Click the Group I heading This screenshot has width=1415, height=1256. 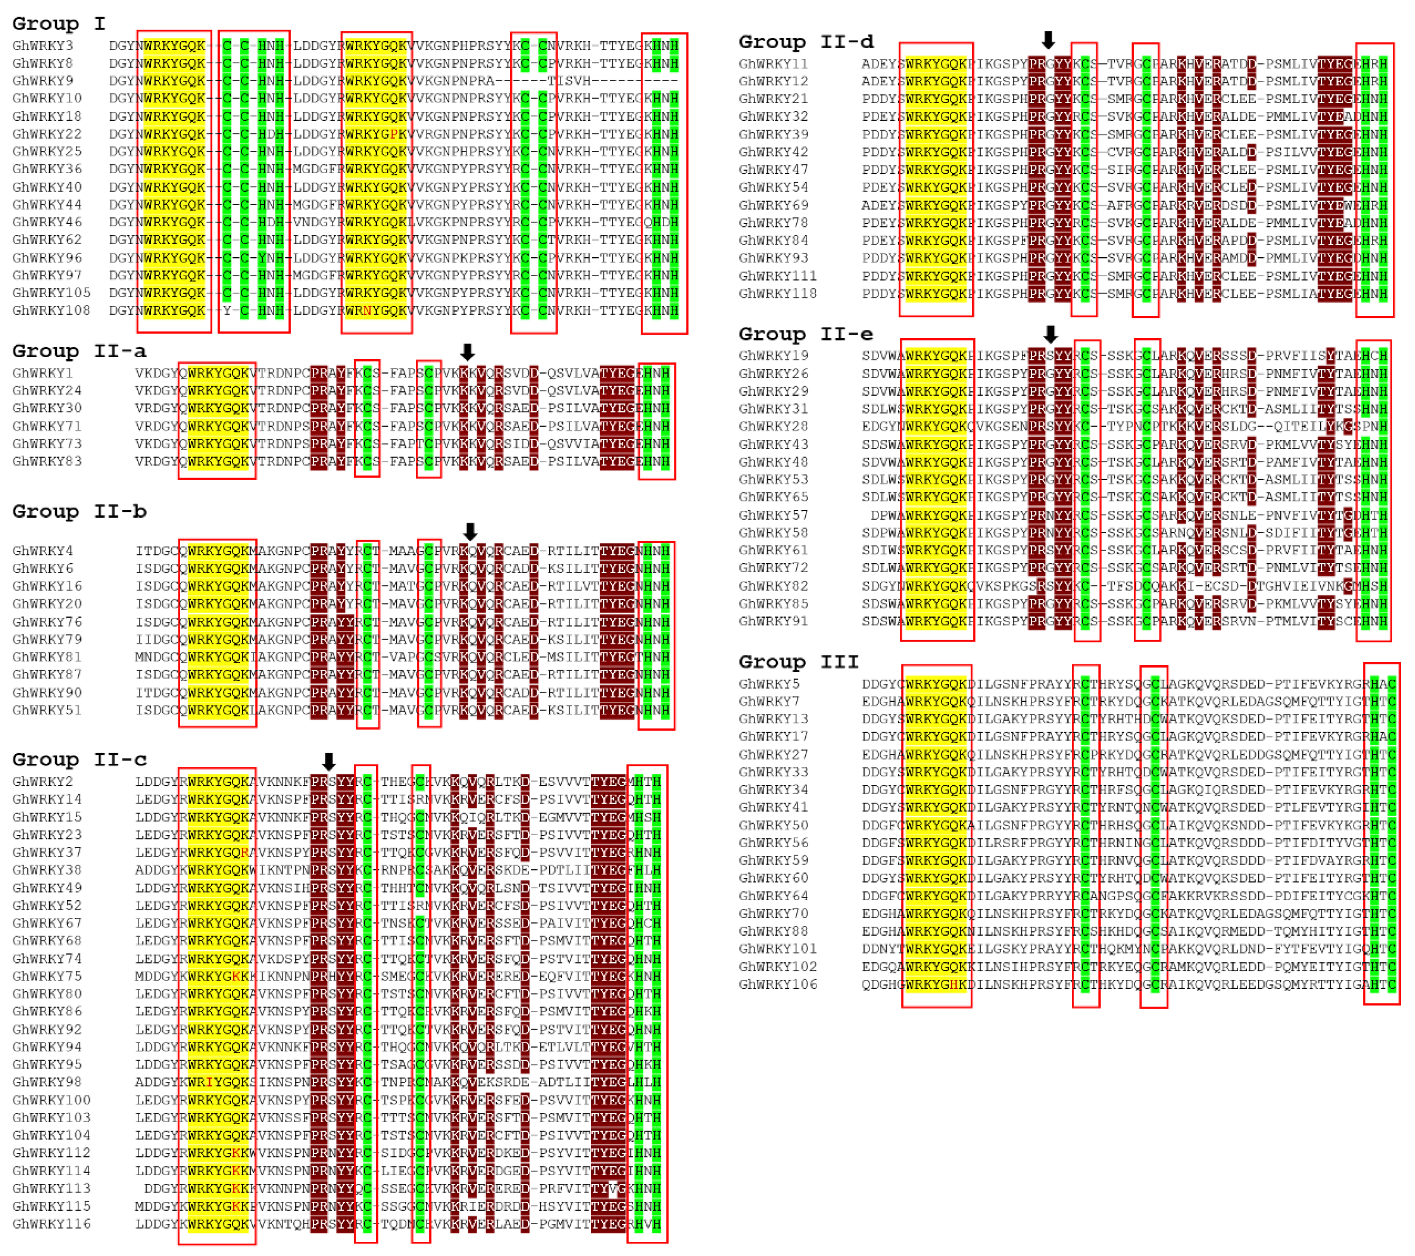(x=59, y=23)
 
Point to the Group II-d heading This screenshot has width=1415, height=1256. (x=806, y=42)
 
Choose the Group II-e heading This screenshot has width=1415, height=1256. (x=806, y=334)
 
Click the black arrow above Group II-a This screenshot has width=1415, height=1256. (x=467, y=352)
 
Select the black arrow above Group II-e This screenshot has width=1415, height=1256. (x=1050, y=334)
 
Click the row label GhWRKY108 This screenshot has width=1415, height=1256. (x=51, y=310)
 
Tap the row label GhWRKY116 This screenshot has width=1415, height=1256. (x=51, y=1223)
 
